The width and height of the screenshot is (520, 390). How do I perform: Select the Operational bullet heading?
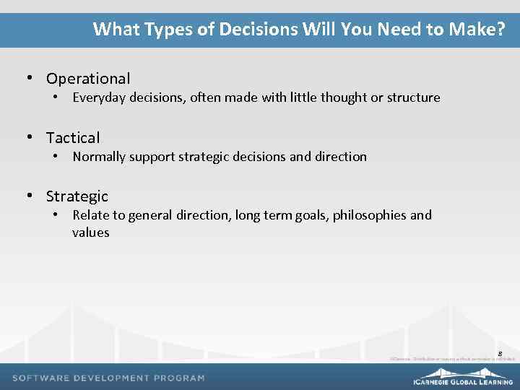coord(88,79)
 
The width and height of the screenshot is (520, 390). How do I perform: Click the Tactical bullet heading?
coord(73,137)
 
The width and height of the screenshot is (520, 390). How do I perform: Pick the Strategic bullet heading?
coord(77,196)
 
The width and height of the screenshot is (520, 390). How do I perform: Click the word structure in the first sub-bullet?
coord(413,97)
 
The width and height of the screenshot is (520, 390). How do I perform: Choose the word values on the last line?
coord(91,233)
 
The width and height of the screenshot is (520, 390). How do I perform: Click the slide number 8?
coord(500,352)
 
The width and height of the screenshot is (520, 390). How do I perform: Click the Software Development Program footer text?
coord(108,378)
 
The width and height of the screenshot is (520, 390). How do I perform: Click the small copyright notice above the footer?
coord(452,359)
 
